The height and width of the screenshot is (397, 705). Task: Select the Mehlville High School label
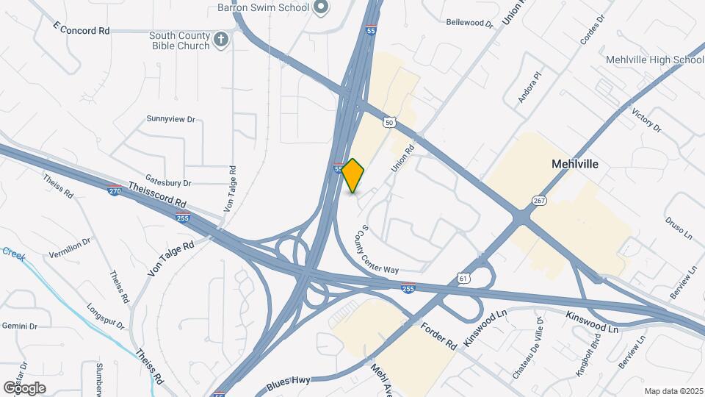655,60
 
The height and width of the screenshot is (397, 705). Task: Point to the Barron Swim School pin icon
320,7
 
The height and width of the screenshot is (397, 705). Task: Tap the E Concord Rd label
82,31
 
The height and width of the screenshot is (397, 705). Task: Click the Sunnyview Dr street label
170,118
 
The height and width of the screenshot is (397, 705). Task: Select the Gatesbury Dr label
168,182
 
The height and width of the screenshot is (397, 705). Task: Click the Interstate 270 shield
114,190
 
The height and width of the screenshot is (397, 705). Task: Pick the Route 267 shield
540,200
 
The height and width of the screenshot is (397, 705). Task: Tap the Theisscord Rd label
156,194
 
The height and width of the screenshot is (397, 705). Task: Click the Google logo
24,387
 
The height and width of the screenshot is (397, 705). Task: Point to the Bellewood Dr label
470,23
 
